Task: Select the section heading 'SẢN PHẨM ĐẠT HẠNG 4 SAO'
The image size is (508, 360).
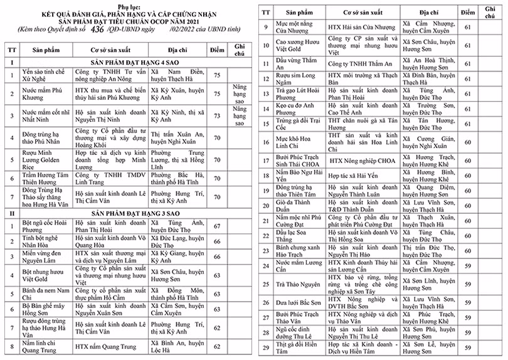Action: [123, 62]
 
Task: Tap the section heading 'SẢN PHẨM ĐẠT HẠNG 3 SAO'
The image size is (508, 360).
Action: [123, 213]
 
